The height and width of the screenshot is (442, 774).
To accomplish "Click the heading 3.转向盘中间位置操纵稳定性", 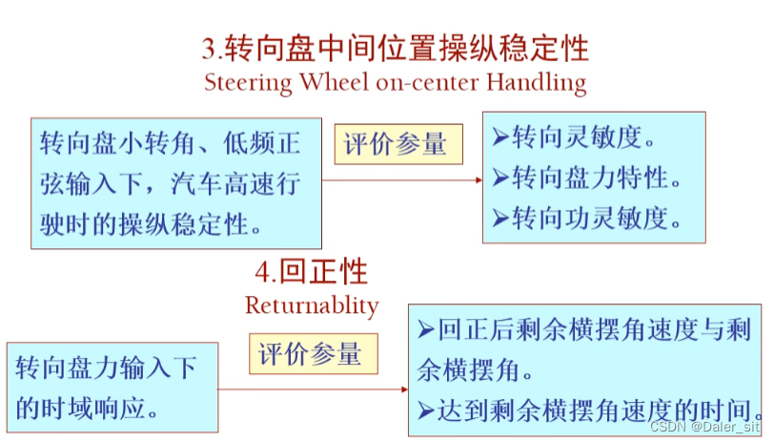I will point(395,48).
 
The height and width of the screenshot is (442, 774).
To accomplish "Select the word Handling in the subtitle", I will point(537,82).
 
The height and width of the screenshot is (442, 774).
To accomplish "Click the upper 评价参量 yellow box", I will point(396,145).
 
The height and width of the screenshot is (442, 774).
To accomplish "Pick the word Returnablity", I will point(312,305).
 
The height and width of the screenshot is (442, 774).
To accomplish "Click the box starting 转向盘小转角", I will point(176,183).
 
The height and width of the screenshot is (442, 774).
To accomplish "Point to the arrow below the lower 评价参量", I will point(314,389).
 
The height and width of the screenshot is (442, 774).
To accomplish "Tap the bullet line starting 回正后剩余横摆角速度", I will point(585,330).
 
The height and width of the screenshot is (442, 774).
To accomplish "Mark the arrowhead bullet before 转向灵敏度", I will point(500,137).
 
